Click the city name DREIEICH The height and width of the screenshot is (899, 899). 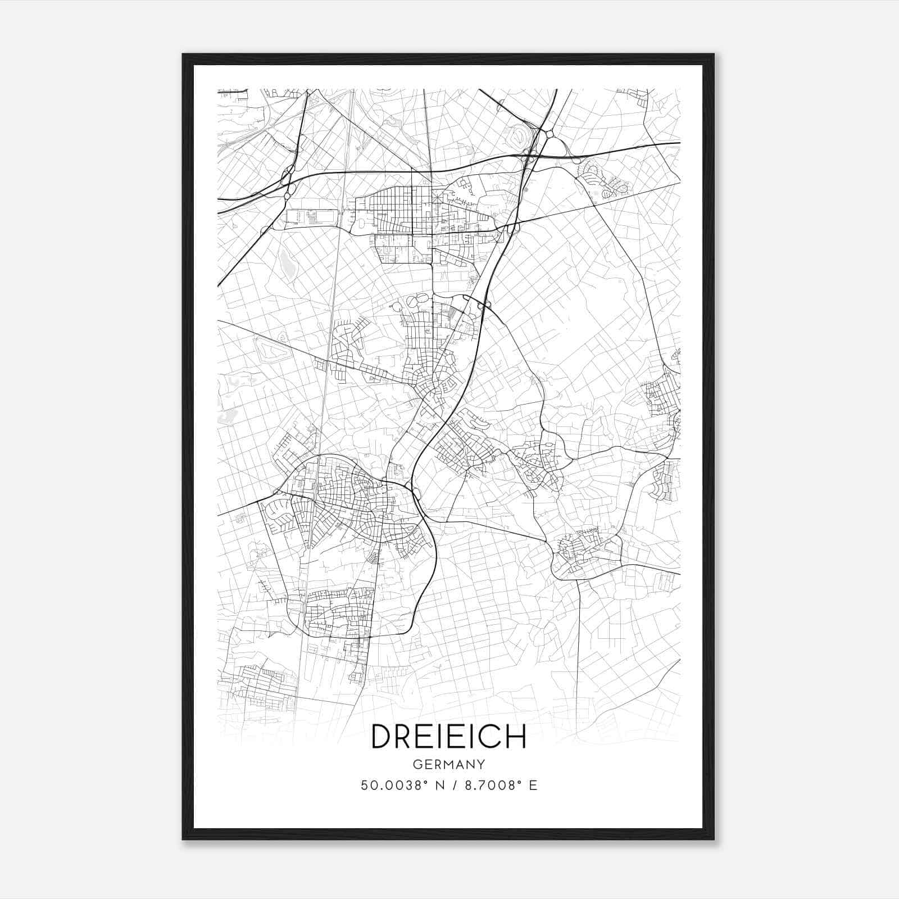pos(449,736)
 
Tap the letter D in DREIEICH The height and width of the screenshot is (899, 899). pos(383,736)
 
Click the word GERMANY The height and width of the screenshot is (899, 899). pos(449,764)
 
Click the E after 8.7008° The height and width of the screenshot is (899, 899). pos(533,785)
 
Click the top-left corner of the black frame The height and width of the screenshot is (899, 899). pos(183,55)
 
